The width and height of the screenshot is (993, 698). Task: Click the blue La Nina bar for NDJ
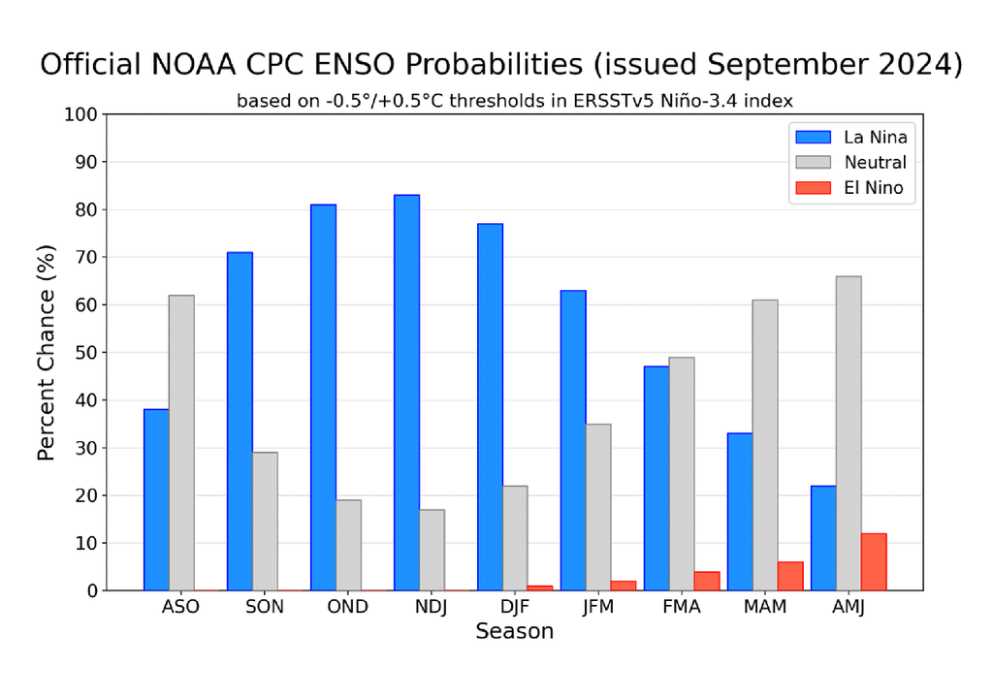tap(406, 393)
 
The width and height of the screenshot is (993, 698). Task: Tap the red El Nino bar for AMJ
tap(873, 562)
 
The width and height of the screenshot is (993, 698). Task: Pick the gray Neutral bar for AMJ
tap(849, 433)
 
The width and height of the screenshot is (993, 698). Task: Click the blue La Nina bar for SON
tap(240, 422)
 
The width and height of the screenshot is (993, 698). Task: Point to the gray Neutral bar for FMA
tap(682, 474)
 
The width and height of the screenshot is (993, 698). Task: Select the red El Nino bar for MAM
tap(789, 576)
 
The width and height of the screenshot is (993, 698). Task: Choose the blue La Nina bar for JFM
tap(573, 440)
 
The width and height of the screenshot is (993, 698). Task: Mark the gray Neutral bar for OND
tap(348, 545)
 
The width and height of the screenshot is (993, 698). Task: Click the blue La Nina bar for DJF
tap(490, 407)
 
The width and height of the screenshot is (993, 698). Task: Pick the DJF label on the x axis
tap(515, 607)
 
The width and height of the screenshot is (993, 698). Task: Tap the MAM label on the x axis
tap(765, 607)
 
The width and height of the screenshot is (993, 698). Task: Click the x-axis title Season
tap(514, 632)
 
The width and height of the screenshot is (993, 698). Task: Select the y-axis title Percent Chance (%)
tap(47, 352)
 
